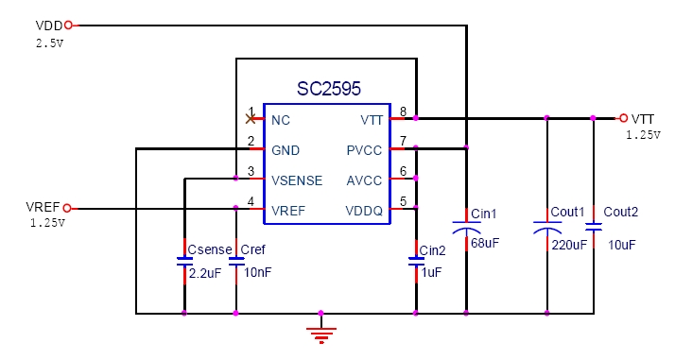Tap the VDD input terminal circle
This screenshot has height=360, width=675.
pyautogui.click(x=67, y=26)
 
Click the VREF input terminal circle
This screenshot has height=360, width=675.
pyautogui.click(x=67, y=209)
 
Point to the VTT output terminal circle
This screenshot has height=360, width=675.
pyautogui.click(x=622, y=118)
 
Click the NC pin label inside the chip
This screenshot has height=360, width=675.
pyautogui.click(x=281, y=120)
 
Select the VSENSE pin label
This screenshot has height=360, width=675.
pyautogui.click(x=297, y=180)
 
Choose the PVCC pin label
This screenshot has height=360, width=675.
pyautogui.click(x=365, y=149)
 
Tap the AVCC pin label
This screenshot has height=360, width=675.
pyautogui.click(x=365, y=180)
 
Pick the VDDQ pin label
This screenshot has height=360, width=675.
pyautogui.click(x=364, y=210)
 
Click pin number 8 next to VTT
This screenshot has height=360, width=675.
pyautogui.click(x=404, y=111)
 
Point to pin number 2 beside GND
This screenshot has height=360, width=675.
pyautogui.click(x=251, y=142)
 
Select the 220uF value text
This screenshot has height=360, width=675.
pyautogui.click(x=568, y=244)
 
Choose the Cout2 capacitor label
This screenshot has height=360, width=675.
pyautogui.click(x=621, y=213)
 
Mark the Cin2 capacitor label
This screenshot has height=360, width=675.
pyautogui.click(x=432, y=250)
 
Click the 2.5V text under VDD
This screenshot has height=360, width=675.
pyautogui.click(x=50, y=43)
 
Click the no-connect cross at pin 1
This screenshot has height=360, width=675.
pyautogui.click(x=251, y=118)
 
